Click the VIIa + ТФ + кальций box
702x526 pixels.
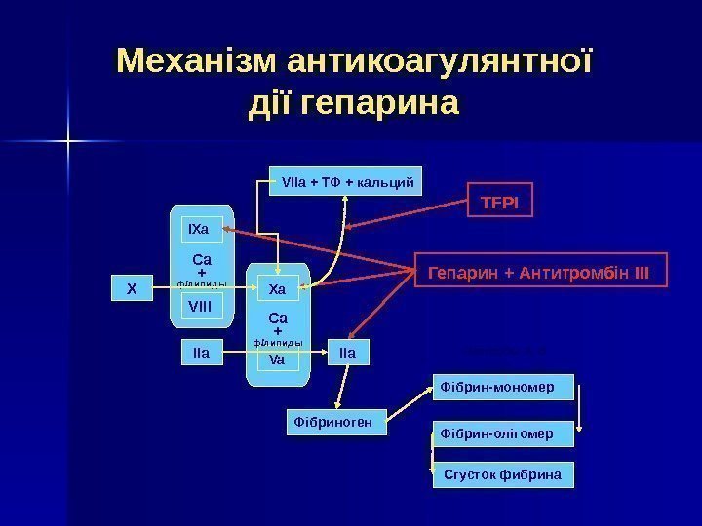point(346,181)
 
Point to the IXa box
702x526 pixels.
point(202,230)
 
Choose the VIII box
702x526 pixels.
point(202,307)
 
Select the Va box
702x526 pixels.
point(277,359)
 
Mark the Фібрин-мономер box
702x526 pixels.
point(503,387)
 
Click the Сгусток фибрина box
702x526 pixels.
point(503,475)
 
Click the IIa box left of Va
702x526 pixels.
point(203,353)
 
